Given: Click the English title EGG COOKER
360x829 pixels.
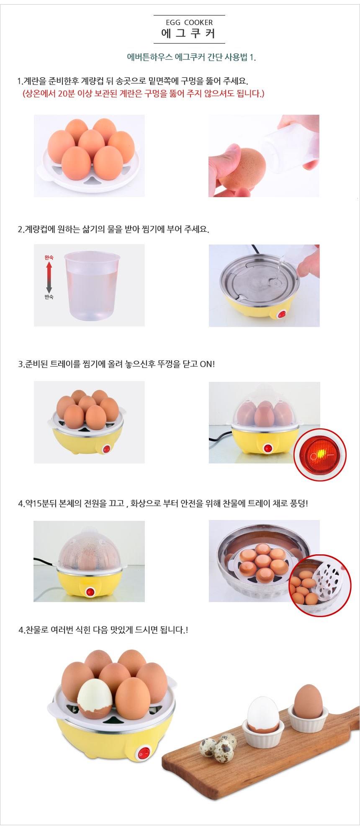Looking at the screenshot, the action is point(189,23).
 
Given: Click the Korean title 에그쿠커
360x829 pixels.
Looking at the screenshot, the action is point(189,33).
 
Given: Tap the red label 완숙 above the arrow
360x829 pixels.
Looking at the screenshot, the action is point(49,257).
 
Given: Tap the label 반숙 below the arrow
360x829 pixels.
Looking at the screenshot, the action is point(49,297).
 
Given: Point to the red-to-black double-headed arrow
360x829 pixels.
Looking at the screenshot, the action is point(49,277).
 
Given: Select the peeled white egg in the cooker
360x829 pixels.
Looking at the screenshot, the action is point(95,698).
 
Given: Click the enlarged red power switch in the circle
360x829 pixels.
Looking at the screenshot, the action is point(320,455).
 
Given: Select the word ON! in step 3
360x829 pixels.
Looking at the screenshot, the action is point(207,364).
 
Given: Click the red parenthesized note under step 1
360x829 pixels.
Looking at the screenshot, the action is point(143,93).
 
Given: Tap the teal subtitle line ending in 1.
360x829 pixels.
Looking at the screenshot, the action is point(191,57).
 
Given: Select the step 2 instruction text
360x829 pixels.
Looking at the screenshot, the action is point(113,229).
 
